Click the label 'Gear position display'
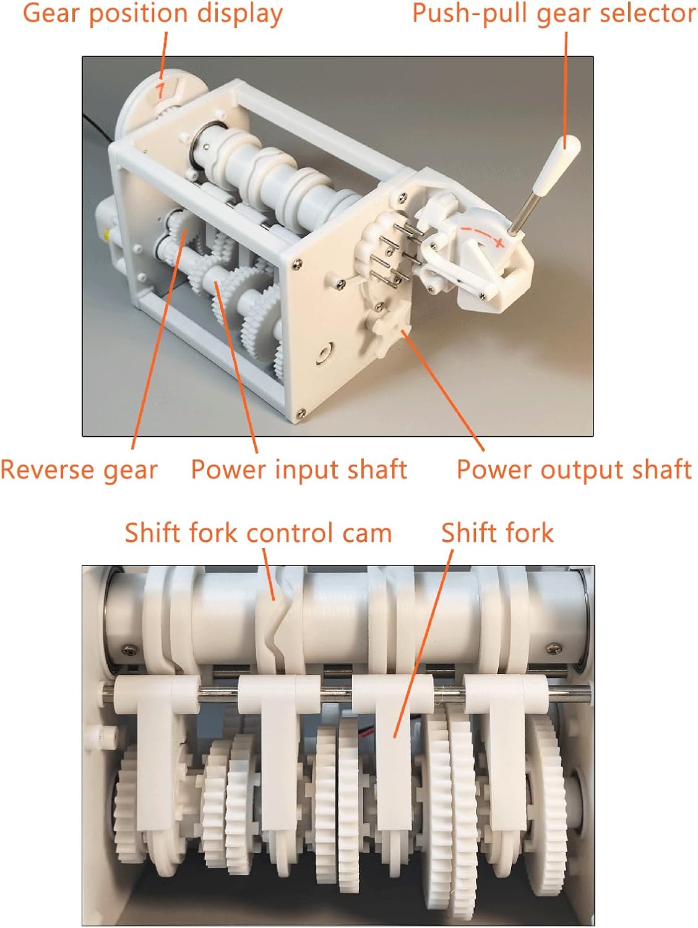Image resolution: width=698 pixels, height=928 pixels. pos(152,14)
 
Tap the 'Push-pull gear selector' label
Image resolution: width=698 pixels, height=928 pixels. pos(554,14)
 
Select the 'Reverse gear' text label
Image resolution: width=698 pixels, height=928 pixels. pos(79,470)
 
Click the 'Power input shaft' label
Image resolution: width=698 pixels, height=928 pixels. pos(299,470)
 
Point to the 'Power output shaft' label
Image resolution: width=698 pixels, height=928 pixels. pos(574,470)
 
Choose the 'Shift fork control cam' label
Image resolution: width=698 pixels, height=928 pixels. pos(258,533)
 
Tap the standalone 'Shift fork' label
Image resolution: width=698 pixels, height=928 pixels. pos(497,533)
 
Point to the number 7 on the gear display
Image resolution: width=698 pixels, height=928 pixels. pos(160,91)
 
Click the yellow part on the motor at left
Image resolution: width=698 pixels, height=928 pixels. pos(107,234)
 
